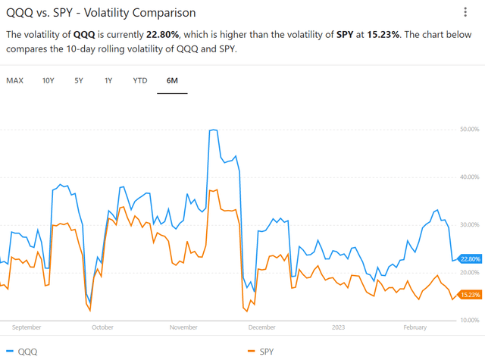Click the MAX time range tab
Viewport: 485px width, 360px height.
[14, 80]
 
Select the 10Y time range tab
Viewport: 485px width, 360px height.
[48, 80]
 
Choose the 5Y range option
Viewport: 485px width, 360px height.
[79, 80]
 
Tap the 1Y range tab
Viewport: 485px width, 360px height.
[109, 80]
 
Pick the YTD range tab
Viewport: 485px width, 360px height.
[140, 80]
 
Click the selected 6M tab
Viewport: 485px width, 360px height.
[172, 80]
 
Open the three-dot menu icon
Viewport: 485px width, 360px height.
[465, 12]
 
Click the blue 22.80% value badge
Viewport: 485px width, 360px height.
[470, 259]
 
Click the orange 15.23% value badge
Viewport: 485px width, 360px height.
[470, 295]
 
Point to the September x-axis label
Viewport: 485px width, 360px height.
[27, 327]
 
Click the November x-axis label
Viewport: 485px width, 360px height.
[183, 327]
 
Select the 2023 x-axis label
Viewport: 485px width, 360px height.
[339, 327]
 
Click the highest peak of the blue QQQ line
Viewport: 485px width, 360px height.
[213, 130]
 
